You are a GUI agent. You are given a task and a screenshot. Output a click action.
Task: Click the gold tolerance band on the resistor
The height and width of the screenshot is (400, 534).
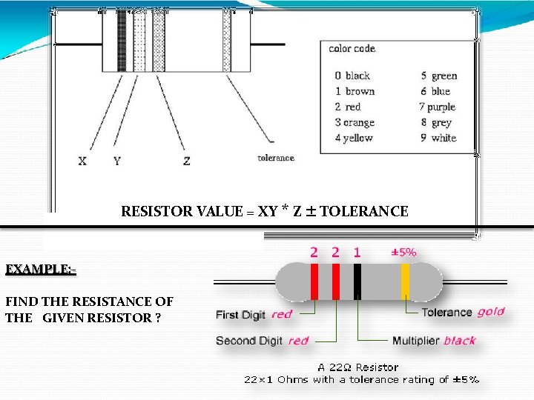405,281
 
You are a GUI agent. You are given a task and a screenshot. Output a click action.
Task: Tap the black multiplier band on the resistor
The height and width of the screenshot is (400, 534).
357,281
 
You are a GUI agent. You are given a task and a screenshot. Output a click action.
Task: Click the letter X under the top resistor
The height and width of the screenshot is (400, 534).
82,161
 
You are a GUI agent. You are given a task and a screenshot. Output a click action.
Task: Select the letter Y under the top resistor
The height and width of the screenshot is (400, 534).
116,161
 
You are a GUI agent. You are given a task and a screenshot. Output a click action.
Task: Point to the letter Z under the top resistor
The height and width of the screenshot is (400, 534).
186,161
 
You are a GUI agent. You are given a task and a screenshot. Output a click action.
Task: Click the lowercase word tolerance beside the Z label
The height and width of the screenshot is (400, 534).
276,158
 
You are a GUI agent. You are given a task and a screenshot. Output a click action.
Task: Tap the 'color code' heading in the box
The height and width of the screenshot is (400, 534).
352,49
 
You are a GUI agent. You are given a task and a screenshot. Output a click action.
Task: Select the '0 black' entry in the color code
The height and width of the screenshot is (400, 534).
352,76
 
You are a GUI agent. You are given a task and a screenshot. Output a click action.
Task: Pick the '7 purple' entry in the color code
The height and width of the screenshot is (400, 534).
438,107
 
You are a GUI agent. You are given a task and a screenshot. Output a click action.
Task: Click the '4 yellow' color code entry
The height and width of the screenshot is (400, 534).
354,138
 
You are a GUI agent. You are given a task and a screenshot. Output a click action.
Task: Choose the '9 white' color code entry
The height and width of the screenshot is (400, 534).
438,138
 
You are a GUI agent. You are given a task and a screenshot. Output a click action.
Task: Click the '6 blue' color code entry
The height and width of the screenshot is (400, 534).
435,91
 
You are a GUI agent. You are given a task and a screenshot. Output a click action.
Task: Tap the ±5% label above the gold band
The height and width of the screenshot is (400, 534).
403,252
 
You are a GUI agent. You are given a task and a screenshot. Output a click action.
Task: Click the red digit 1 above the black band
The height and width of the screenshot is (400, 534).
357,253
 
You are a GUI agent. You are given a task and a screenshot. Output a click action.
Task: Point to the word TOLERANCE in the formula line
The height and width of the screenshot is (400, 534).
364,212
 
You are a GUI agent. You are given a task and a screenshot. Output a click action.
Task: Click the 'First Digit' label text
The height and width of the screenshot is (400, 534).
240,315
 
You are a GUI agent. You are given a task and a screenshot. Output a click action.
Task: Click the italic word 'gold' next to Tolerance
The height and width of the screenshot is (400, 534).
490,312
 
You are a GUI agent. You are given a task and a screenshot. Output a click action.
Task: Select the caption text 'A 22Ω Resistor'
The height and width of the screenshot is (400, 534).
357,367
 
